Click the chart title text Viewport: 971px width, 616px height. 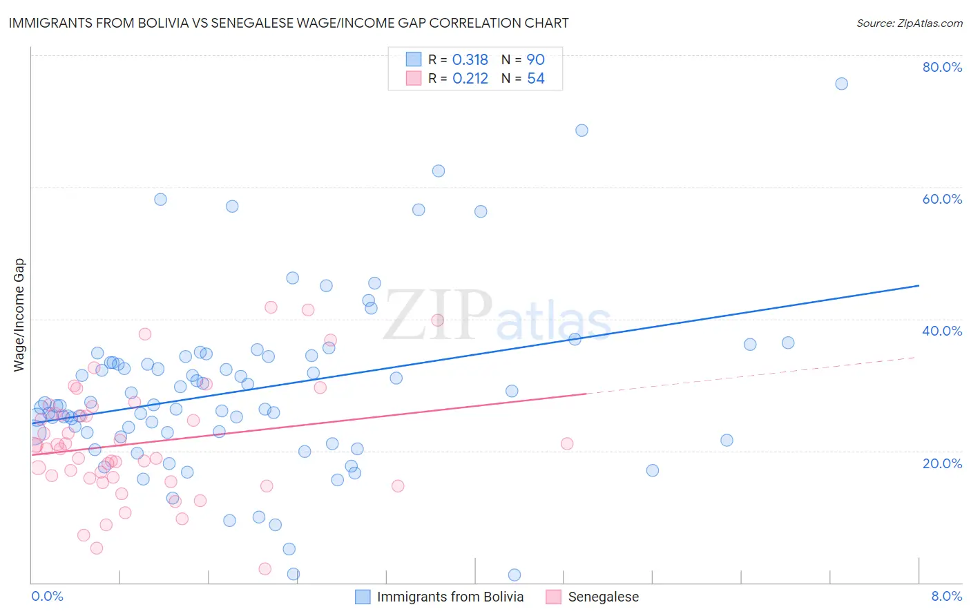point(289,23)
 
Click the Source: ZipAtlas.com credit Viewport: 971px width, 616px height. point(909,23)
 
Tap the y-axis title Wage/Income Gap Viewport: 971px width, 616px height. point(19,315)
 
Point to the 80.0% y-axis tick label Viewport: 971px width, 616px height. point(942,67)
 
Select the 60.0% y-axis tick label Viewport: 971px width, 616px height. point(942,199)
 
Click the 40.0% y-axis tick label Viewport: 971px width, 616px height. point(942,331)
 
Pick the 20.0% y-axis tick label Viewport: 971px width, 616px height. point(942,463)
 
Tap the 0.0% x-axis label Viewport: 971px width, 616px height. point(47,596)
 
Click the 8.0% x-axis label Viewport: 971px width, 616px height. point(946,596)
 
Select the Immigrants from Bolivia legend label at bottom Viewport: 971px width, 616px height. point(450,597)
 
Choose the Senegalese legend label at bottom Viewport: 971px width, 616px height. point(603,597)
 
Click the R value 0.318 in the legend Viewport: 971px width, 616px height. point(470,60)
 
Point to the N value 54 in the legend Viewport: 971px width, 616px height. point(536,79)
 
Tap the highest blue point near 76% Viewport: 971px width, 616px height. point(841,84)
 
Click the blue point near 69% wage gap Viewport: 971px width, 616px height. point(581,131)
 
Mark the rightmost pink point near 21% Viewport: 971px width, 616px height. point(567,443)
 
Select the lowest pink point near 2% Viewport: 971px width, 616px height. point(265,569)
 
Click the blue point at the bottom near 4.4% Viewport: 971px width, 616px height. point(514,575)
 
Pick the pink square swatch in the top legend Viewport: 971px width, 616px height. point(414,78)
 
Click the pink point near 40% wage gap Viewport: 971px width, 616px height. point(437,320)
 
